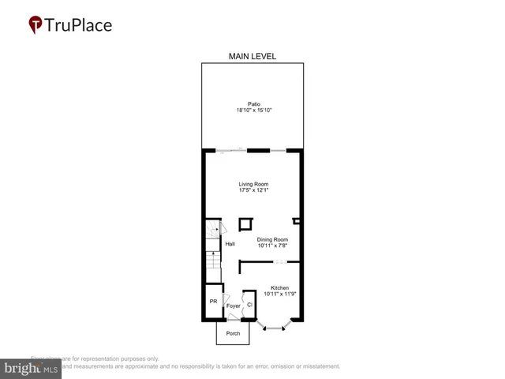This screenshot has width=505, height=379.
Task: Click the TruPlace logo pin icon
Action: pos(36,24)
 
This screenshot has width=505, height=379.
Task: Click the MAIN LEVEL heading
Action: pos(252,56)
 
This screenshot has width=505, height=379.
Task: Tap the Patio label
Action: pos(254,103)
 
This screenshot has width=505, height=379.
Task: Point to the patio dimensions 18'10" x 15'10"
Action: pos(254,111)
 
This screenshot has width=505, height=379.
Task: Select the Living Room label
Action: pos(254,184)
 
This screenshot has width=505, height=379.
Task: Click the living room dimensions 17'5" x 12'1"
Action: pos(254,191)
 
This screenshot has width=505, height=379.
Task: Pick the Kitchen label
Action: pos(279,287)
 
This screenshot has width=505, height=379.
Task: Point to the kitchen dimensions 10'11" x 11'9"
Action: pos(279,295)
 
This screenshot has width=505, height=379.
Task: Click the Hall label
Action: pos(230,244)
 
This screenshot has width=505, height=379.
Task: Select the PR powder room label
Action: pos(213,302)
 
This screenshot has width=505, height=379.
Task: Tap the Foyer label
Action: pos(233,306)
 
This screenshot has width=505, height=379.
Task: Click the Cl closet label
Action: pos(249,305)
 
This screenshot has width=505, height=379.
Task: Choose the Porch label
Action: pos(233,333)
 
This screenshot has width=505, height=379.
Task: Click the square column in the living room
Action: pos(245,223)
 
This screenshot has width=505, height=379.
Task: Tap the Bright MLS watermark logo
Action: pos(32,368)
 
